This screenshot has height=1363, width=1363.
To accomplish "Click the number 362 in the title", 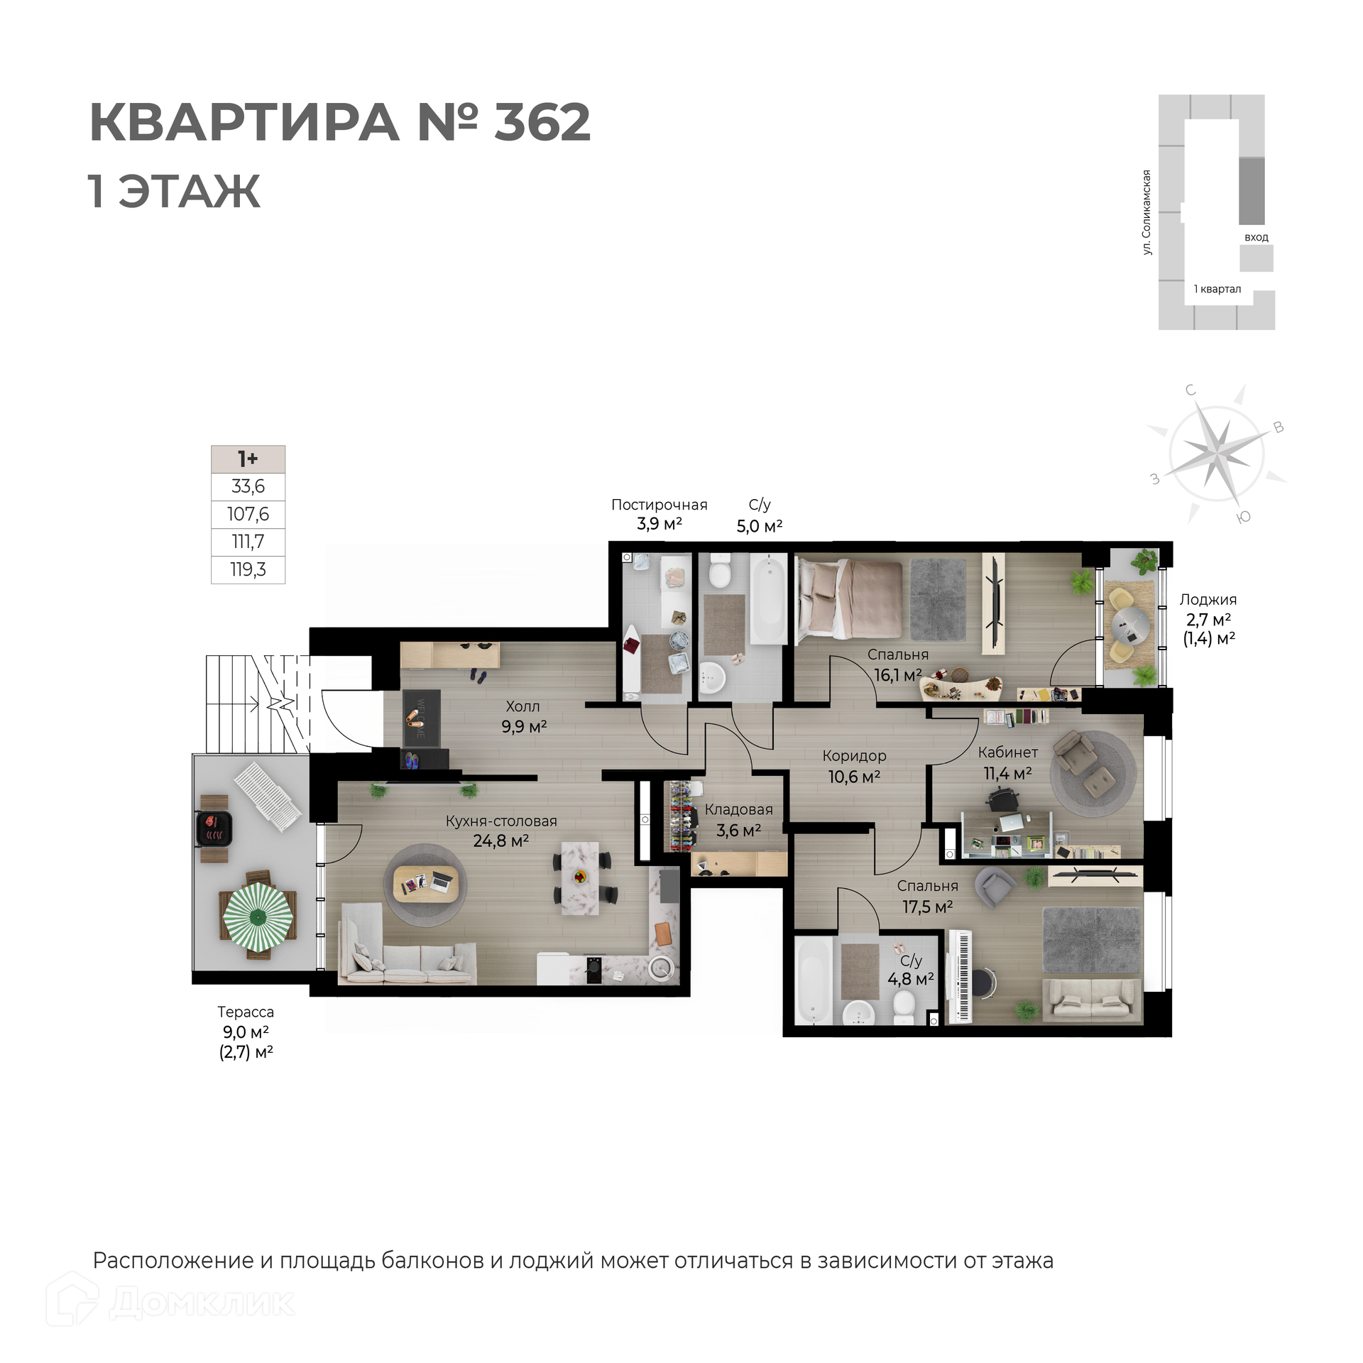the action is (542, 122).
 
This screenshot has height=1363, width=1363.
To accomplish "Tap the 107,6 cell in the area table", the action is (248, 514).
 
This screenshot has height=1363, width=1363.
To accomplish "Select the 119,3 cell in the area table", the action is (248, 569).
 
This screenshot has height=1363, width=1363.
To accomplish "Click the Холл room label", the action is (523, 706).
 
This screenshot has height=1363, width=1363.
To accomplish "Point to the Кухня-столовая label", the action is (501, 821).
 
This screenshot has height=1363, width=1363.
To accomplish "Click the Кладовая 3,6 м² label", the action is (739, 820).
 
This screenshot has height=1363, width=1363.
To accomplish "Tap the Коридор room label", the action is (854, 757).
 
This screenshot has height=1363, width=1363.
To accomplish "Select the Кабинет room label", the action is (1008, 752).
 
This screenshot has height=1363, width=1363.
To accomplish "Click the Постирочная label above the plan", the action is (659, 505).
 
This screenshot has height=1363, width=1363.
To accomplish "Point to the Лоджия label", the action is (1208, 601).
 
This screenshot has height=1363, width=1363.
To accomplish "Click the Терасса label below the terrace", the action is (246, 1012).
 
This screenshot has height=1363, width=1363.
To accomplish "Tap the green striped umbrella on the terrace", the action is (258, 917).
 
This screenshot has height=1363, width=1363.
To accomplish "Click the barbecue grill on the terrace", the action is (214, 828).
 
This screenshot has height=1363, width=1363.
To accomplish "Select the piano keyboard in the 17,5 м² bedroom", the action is (963, 977).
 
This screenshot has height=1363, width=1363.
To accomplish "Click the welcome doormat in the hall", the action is (421, 718).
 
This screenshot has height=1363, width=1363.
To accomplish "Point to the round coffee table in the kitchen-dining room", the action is (425, 884).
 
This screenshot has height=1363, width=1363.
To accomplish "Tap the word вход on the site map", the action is (1256, 237).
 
